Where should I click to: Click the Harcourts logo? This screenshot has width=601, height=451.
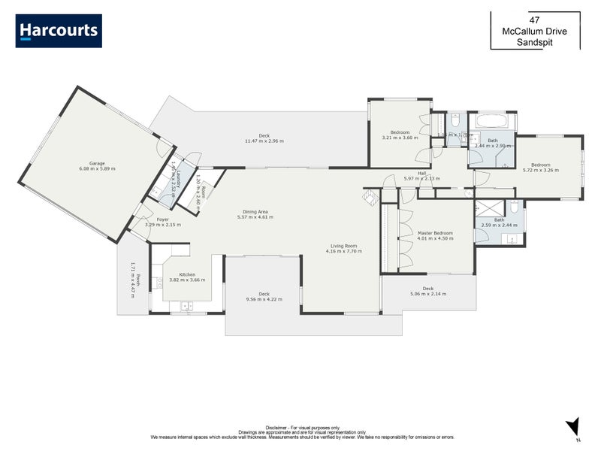(x=59, y=31)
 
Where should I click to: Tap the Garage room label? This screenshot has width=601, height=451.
(x=97, y=163)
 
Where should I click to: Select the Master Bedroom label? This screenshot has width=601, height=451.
(x=436, y=233)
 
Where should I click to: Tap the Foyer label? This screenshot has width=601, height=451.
(x=162, y=219)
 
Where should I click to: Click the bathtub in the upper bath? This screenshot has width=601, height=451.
(x=493, y=120)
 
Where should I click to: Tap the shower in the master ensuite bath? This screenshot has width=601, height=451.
(x=488, y=208)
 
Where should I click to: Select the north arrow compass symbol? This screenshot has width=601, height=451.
(x=572, y=426)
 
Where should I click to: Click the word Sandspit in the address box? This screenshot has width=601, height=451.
(x=535, y=43)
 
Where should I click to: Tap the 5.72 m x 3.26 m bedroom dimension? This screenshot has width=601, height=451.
(x=541, y=171)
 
